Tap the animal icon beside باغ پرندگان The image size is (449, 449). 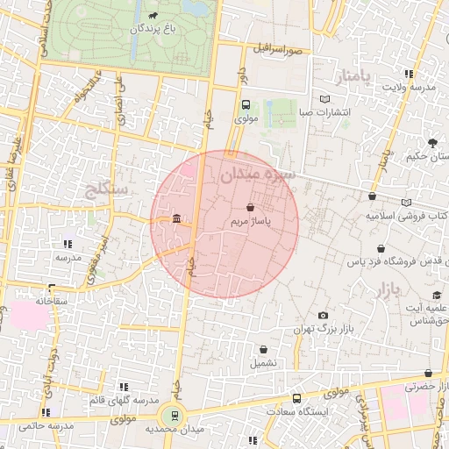pyautogui.click(x=154, y=15)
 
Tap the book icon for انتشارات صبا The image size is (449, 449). pyautogui.click(x=325, y=100)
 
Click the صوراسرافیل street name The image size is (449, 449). pyautogui.click(x=280, y=50)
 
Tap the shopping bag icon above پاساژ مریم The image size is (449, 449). pyautogui.click(x=252, y=209)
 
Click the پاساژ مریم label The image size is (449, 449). pyautogui.click(x=251, y=223)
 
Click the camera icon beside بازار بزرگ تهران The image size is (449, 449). pyautogui.click(x=324, y=316)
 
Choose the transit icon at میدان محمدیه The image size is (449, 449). pyautogui.click(x=174, y=415)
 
